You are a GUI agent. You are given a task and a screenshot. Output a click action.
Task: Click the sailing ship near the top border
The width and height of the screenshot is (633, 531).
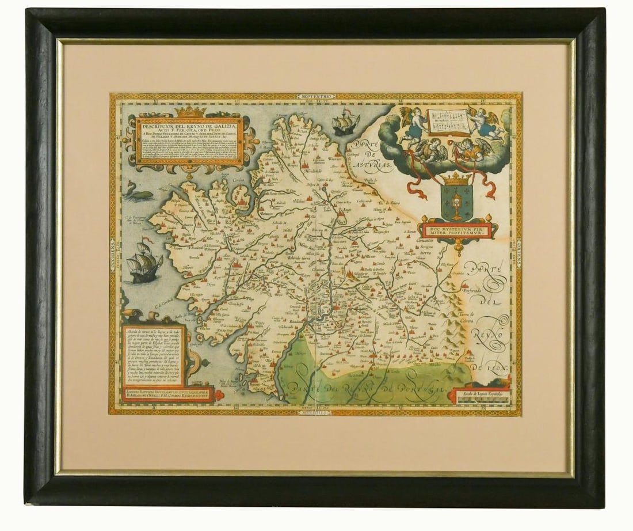[x=346, y=122]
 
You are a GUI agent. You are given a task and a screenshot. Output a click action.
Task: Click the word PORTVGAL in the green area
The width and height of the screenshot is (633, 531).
[x=422, y=392]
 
